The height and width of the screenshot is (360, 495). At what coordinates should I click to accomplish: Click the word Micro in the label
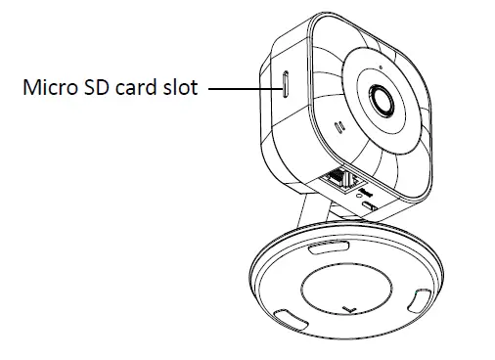pos(49,88)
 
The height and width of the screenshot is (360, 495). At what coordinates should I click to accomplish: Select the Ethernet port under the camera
pos(338,179)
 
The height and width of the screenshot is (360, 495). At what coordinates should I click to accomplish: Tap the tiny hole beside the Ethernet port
pos(360,189)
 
